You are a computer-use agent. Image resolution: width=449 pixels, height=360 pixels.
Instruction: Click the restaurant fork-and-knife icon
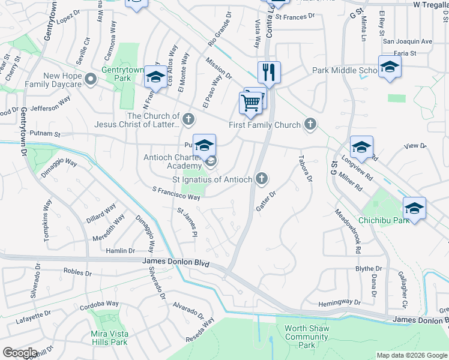pos(270,73)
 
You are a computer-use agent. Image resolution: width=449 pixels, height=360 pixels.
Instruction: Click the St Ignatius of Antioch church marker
pos(261,178)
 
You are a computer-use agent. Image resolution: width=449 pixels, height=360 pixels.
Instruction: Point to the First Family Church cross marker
pos(310,125)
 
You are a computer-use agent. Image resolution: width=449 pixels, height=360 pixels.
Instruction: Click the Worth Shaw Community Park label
pos(306,337)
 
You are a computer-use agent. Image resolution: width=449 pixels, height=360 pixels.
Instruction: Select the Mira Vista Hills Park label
pos(109,338)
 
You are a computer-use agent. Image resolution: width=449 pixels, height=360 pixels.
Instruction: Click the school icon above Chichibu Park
pos(414,208)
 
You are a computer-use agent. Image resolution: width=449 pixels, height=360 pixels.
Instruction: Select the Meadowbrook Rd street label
pos(348,230)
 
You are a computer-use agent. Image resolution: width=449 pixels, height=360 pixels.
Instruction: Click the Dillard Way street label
pos(101,214)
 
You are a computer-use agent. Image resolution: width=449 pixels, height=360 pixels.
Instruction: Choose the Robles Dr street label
pos(76,272)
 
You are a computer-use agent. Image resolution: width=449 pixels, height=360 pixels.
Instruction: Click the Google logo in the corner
pos(20,353)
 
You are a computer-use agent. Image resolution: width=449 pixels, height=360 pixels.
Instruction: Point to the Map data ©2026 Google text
pos(411,355)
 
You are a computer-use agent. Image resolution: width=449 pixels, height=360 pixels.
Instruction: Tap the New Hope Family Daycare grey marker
pos(91,79)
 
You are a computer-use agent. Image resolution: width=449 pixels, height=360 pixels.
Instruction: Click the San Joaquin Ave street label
pos(408,42)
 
